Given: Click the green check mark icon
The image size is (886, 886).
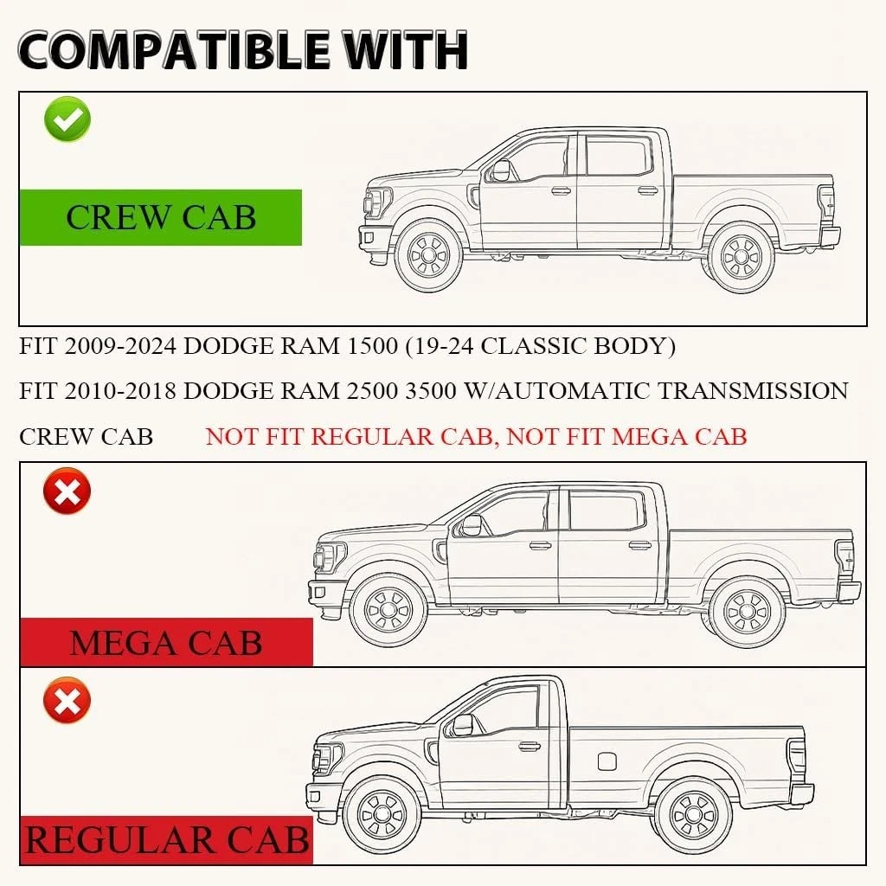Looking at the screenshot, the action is pos(67,119).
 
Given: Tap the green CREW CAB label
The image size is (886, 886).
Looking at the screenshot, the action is pos(160,217).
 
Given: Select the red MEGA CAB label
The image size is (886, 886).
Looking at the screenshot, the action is pos(166,643).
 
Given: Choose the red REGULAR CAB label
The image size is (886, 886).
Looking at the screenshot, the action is pos(167,839).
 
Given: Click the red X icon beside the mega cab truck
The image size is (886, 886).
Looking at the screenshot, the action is pos(67,491).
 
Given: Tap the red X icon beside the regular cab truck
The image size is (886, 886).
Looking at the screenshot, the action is pos(67,701).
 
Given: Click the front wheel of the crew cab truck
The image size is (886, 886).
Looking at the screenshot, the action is pos(428,255).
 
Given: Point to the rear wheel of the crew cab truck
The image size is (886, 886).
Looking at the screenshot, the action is pos(742,257).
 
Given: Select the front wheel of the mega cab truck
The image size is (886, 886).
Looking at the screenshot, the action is pos(388,610).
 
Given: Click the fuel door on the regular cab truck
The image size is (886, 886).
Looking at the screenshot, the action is pos(607,761).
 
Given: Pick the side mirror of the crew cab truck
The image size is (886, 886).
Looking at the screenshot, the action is pos(501,170).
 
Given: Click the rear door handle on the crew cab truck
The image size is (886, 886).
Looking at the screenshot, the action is pos(647,189).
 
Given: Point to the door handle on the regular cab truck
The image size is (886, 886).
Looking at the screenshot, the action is pos(530,747).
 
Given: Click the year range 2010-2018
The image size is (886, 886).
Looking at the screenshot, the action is pos(120,391).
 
